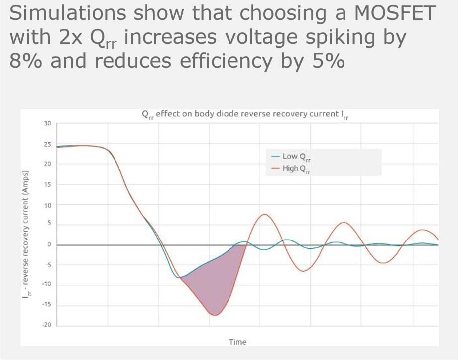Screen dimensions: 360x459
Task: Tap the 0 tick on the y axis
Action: [x=50, y=244]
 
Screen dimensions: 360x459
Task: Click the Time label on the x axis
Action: [x=237, y=342]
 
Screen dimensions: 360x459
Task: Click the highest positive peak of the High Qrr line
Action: [x=265, y=214]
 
